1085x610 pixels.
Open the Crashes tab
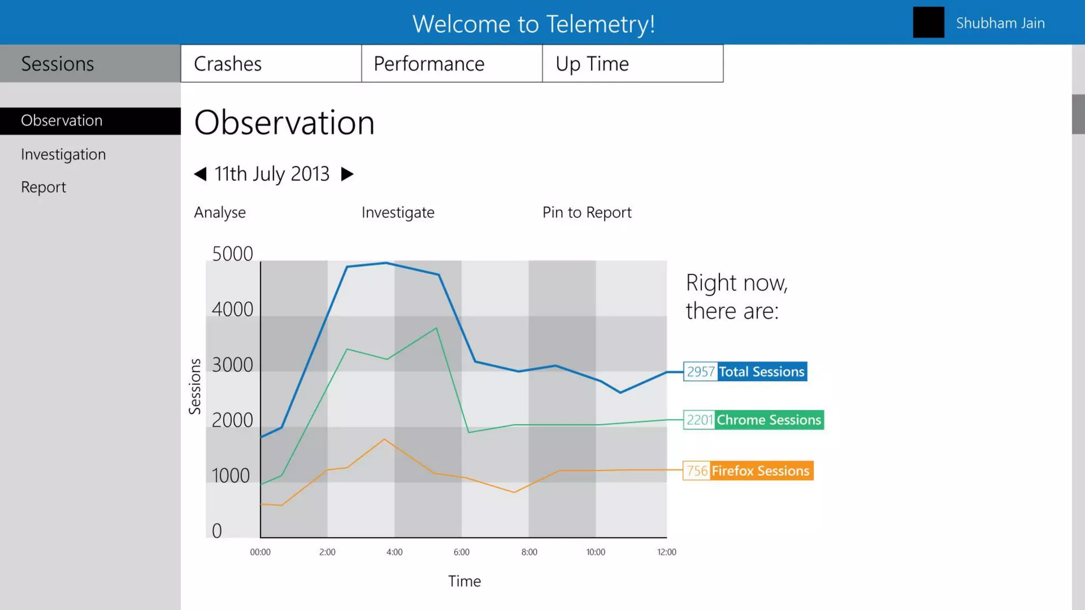(x=271, y=64)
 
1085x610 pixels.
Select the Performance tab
(x=451, y=64)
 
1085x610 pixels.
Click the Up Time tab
(x=633, y=64)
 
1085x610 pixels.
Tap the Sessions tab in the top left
(x=90, y=64)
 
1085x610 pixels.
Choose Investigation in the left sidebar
(x=64, y=154)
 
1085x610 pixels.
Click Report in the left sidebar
(x=43, y=187)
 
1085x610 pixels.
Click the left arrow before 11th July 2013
(x=200, y=174)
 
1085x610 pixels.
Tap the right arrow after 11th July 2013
(x=347, y=174)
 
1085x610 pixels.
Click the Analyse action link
(x=220, y=212)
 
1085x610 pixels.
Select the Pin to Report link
(x=586, y=212)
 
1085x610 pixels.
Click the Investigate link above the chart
(x=398, y=212)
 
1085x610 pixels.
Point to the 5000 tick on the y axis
(x=232, y=254)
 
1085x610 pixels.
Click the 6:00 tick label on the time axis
(x=461, y=552)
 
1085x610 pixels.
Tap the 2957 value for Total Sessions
(x=700, y=372)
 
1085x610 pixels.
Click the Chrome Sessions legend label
(x=768, y=420)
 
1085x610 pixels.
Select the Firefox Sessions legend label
(x=760, y=471)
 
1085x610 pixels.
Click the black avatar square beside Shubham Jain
(x=928, y=22)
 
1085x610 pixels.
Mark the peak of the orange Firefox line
(x=385, y=439)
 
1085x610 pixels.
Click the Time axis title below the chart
(x=464, y=581)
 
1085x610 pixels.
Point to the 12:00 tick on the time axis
(x=666, y=552)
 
